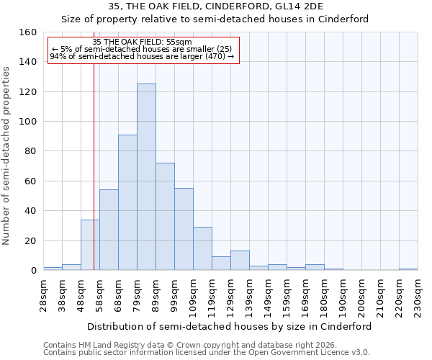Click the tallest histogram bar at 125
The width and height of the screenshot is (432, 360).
click(x=146, y=177)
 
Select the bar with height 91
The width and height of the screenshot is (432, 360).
click(x=127, y=202)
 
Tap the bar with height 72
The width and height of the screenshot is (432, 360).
click(x=165, y=217)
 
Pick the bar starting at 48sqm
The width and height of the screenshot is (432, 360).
click(x=90, y=245)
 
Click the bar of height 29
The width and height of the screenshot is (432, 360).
click(x=202, y=248)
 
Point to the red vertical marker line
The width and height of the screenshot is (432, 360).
click(x=94, y=180)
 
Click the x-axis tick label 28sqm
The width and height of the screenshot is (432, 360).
click(x=48, y=294)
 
